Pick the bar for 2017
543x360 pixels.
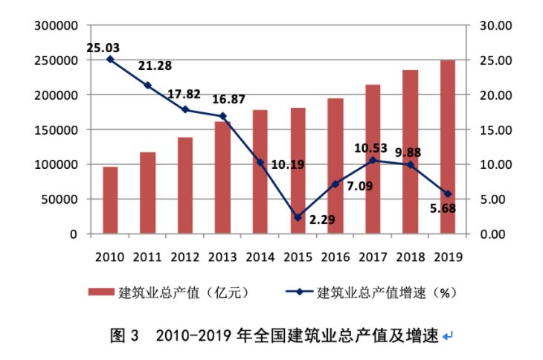tap(373, 159)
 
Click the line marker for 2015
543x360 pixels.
tap(298, 218)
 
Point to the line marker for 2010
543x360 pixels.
tap(110, 60)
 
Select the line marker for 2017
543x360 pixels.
tap(373, 160)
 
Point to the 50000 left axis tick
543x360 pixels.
tap(61, 199)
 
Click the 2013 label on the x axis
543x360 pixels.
tap(222, 257)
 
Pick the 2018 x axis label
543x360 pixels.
tap(410, 257)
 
